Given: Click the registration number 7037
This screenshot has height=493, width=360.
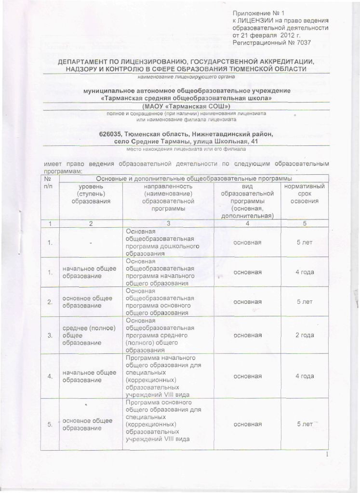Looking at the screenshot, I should coord(303,43).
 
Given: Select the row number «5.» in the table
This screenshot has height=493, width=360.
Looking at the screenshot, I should coord(49,425).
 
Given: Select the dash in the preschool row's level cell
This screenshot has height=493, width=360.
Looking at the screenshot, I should coord(90,242).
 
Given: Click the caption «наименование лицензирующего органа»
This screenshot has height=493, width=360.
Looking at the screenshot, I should coord(186,77).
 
